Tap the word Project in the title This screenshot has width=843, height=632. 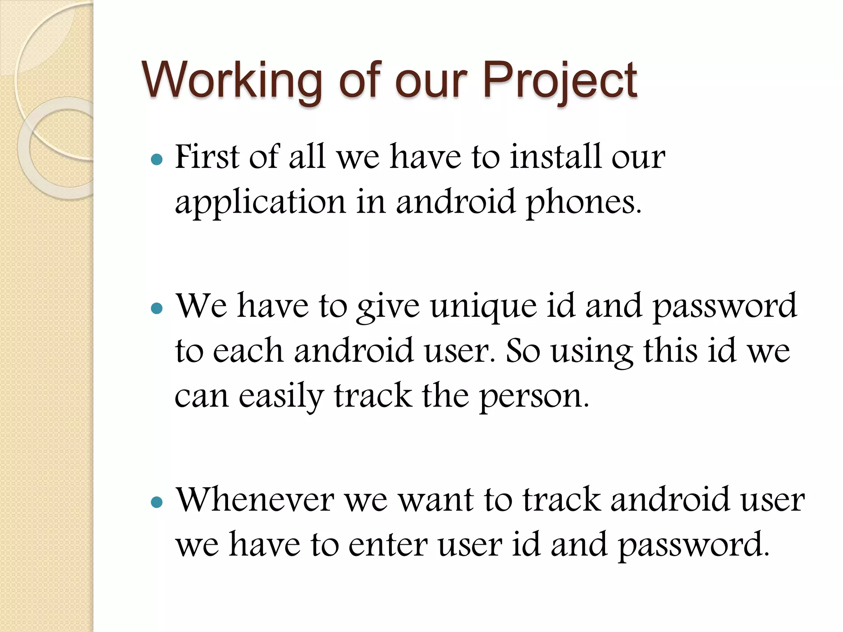click(560, 81)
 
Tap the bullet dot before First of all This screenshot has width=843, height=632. click(157, 159)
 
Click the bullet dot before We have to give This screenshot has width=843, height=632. click(157, 308)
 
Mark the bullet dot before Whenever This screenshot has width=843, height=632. click(157, 502)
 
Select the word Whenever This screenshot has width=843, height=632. click(255, 500)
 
